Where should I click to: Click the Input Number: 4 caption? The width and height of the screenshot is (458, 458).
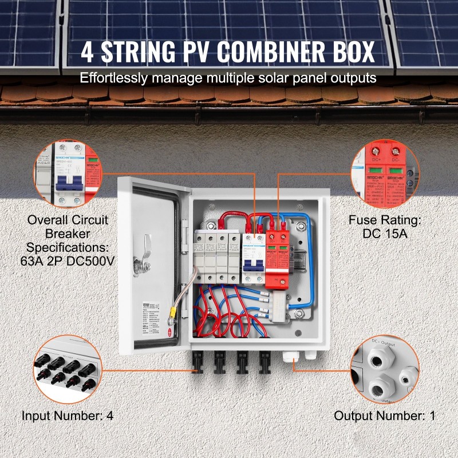coord(68,416)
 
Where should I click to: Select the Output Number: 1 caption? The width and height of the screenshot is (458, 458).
coord(384,416)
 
